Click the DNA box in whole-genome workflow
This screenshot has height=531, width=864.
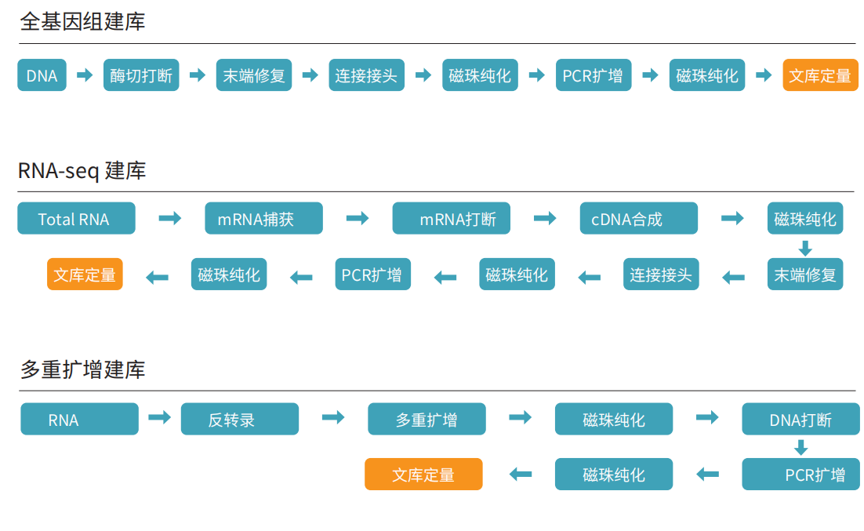pos(42,75)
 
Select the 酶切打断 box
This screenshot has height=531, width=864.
pos(141,75)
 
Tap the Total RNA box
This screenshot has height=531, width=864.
pos(76,219)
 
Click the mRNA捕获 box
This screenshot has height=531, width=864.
pos(263,219)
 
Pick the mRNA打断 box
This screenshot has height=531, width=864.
pos(451,219)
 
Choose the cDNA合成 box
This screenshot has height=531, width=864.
pos(638,219)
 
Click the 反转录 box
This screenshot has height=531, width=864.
pos(239,420)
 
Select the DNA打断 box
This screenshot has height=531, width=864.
pos(800,420)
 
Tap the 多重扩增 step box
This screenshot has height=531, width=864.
pos(427,420)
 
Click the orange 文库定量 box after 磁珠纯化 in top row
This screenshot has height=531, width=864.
pos(820,75)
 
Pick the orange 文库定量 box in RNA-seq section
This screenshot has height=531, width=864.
pos(85,275)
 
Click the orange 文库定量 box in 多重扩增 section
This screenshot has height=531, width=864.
pos(423,475)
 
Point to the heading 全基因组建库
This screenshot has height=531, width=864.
pos(82,21)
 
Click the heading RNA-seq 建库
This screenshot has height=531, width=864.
pos(82,170)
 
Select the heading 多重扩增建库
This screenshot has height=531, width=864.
pos(82,369)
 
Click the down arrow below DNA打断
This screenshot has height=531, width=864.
pos(800,447)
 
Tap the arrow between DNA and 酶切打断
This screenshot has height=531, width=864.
pos(85,75)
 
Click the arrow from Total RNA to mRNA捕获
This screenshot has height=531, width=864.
pos(169,218)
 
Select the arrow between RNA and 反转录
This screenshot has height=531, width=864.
pos(159,418)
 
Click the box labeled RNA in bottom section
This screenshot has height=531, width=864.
pos(79,420)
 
